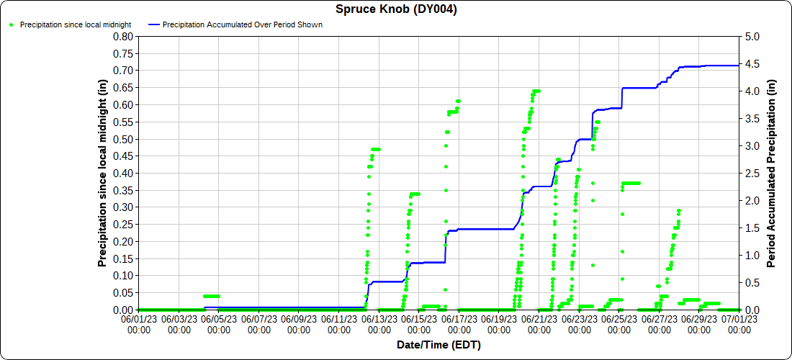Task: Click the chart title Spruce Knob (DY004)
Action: pyautogui.click(x=396, y=9)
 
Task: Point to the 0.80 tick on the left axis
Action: pyautogui.click(x=125, y=36)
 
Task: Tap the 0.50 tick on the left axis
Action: pyautogui.click(x=125, y=139)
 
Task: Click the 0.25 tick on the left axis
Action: pyautogui.click(x=125, y=224)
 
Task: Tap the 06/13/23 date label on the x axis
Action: pyautogui.click(x=379, y=323)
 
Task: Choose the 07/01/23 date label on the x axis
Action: pyautogui.click(x=739, y=323)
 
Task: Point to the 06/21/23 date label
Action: pyautogui.click(x=539, y=323)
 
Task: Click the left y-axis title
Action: pyautogui.click(x=103, y=173)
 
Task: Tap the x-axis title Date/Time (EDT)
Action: pyautogui.click(x=438, y=345)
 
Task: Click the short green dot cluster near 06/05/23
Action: pyautogui.click(x=211, y=296)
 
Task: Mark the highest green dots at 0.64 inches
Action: pyautogui.click(x=536, y=91)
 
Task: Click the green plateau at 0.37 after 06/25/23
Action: pyautogui.click(x=631, y=183)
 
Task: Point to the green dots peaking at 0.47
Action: pyautogui.click(x=376, y=149)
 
